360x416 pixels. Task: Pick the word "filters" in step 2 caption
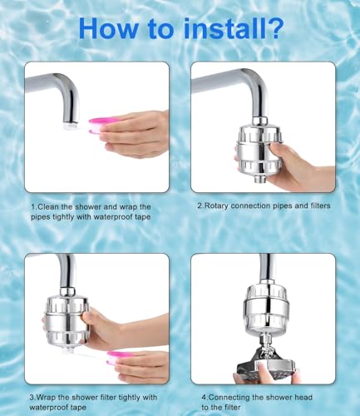(320, 205)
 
